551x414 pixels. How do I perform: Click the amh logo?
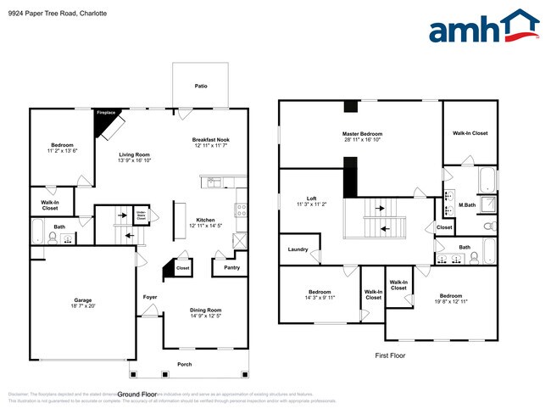pos(484,27)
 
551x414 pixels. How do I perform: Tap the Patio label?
pos(200,86)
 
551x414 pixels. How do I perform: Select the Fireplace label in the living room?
pos(106,112)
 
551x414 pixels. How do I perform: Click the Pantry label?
pos(231,267)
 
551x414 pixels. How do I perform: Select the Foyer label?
pos(150,297)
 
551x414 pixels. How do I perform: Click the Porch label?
pos(184,365)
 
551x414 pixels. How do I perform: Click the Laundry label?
pos(298,249)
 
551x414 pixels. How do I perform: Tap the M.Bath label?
pos(466,204)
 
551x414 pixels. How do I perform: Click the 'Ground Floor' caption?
pos(137,394)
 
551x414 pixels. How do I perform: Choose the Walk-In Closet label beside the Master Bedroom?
pos(470,133)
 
